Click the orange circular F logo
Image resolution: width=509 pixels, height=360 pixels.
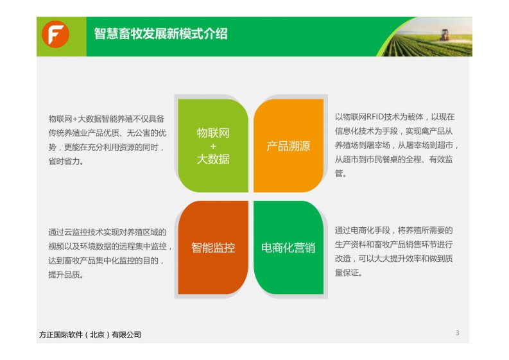55,34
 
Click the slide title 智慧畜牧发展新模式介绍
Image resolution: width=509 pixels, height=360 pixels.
160,34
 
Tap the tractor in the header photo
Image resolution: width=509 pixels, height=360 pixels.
444,35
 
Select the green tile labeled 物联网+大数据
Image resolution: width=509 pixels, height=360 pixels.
213,146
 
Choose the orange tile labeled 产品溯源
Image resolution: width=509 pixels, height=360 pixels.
288,146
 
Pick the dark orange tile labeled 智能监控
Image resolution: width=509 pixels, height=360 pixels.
213,247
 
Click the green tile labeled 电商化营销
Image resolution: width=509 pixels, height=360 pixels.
288,247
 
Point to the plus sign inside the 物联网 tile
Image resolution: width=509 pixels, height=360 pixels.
213,146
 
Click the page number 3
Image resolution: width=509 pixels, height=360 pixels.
458,333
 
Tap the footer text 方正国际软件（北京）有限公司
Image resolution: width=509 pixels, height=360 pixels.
91,335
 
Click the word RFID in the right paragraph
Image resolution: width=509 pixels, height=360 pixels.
375,117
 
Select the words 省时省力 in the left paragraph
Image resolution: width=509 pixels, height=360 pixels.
64,161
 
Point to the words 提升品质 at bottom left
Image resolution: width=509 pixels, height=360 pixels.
64,275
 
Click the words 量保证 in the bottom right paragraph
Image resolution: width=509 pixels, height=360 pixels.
347,273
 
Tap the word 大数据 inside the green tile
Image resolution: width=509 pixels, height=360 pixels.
213,159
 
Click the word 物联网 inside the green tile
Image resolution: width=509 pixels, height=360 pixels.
213,133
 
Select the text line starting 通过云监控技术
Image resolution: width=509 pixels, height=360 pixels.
107,232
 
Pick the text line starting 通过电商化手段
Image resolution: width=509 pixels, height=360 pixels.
393,230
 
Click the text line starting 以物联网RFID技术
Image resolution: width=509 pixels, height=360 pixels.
395,117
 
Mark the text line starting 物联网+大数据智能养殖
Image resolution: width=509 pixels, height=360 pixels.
107,119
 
